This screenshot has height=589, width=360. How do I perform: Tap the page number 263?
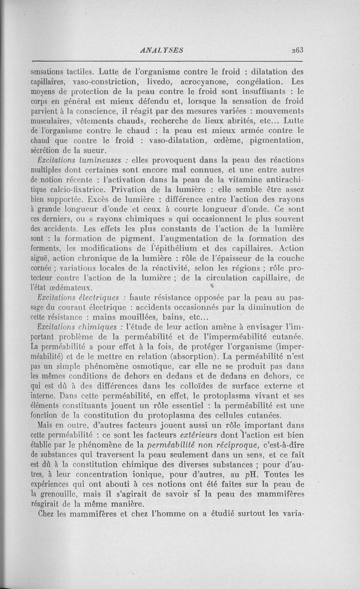[x=297, y=50]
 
